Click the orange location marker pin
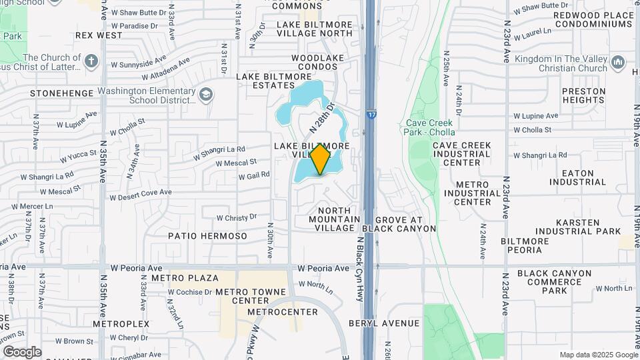pyautogui.click(x=321, y=159)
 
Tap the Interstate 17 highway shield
pyautogui.click(x=371, y=115)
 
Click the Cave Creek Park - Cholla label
pyautogui.click(x=430, y=127)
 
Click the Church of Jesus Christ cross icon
pyautogui.click(x=91, y=62)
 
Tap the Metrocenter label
pyautogui.click(x=283, y=312)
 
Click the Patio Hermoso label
pyautogui.click(x=207, y=236)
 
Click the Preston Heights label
pyautogui.click(x=583, y=95)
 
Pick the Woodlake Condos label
pyautogui.click(x=313, y=62)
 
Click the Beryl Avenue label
pyautogui.click(x=385, y=323)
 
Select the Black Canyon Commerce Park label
pyautogui.click(x=554, y=281)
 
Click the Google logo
pyautogui.click(x=23, y=351)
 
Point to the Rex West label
pyautogui.click(x=99, y=35)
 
